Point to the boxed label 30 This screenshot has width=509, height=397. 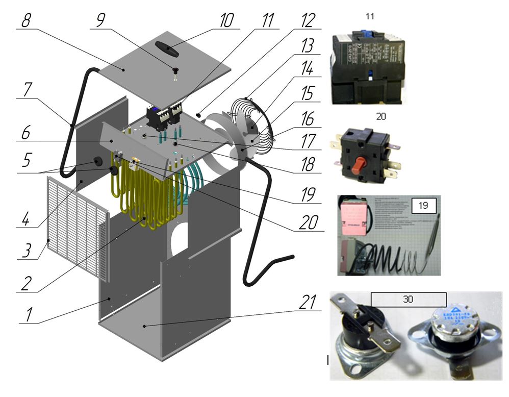408,299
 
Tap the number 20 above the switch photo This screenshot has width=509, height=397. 380,116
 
